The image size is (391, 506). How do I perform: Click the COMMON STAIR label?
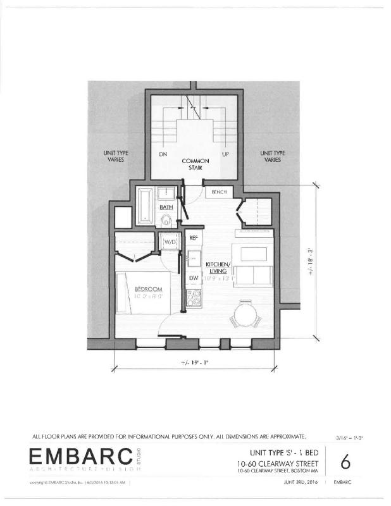coord(195,165)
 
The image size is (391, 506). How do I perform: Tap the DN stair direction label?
coord(163,154)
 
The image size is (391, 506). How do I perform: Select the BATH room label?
coord(166,207)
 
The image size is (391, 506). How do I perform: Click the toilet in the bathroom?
coord(166,220)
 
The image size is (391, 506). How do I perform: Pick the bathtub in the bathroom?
coord(144,206)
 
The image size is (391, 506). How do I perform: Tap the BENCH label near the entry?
coord(219,191)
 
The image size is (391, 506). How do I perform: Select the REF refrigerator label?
coord(194,238)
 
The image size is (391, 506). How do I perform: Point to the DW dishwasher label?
coord(193,278)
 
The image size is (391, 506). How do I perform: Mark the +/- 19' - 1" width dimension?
coord(195,364)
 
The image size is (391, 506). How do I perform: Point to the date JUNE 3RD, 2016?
coord(299,483)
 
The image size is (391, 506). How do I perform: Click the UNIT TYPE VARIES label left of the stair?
coord(115,157)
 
